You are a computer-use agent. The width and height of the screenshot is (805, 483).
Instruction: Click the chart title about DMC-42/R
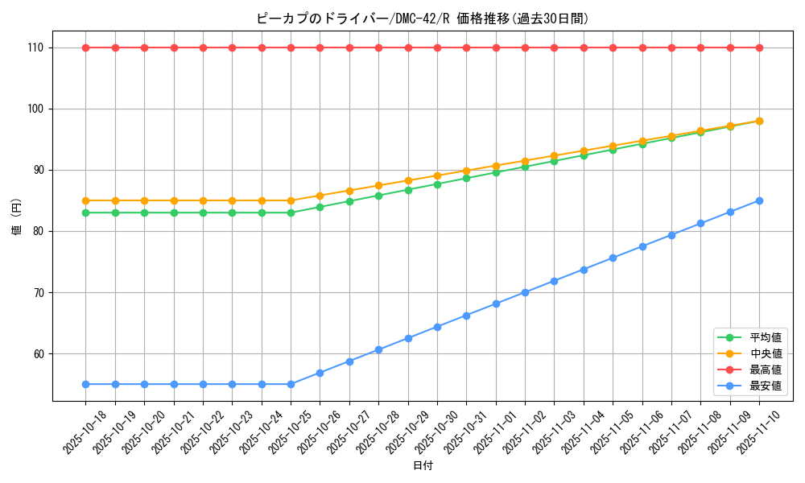pyautogui.click(x=423, y=19)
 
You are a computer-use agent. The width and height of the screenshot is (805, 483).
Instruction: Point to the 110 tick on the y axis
pyautogui.click(x=35, y=47)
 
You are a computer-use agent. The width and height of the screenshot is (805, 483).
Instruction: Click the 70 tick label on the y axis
pyautogui.click(x=38, y=292)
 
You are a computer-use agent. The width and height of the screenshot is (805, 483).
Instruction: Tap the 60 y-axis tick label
pyautogui.click(x=38, y=353)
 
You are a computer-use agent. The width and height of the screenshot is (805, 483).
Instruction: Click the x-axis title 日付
pyautogui.click(x=423, y=466)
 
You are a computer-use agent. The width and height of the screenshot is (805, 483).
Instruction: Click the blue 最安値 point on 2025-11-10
pyautogui.click(x=759, y=200)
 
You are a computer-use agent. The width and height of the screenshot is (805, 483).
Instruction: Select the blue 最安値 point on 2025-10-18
pyautogui.click(x=85, y=384)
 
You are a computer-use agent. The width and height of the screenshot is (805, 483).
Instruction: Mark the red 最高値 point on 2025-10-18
pyautogui.click(x=85, y=47)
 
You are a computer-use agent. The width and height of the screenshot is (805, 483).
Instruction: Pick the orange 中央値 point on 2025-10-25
pyautogui.click(x=291, y=200)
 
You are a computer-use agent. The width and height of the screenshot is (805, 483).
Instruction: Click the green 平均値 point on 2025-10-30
pyautogui.click(x=437, y=184)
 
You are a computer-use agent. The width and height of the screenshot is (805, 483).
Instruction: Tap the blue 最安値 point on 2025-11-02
pyautogui.click(x=525, y=292)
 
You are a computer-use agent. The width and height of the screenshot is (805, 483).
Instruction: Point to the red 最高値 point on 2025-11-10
pyautogui.click(x=759, y=47)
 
